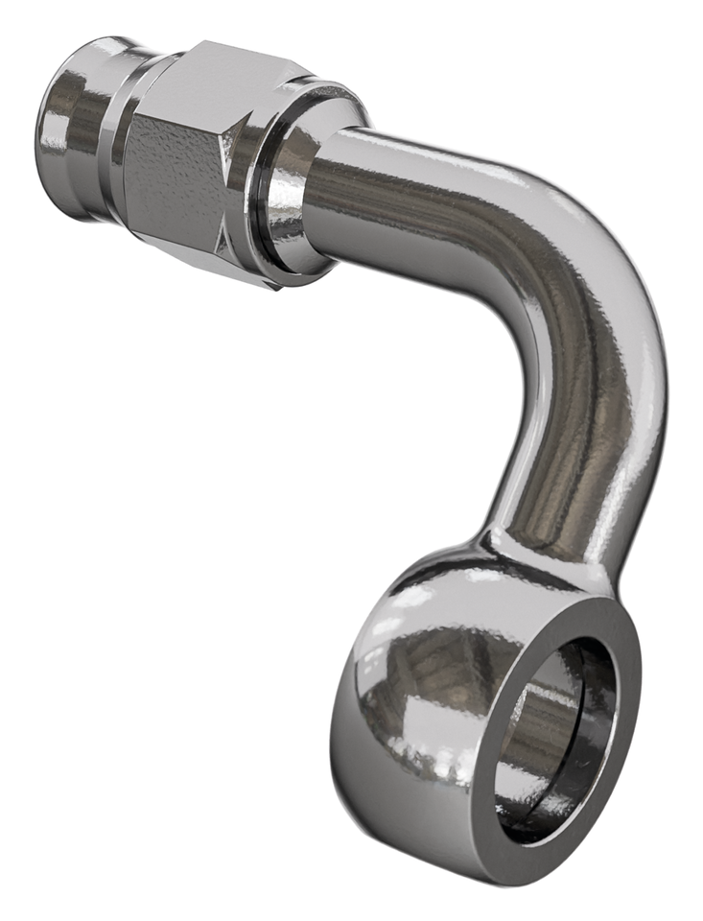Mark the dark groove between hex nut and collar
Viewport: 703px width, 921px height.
[x=257, y=192]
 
